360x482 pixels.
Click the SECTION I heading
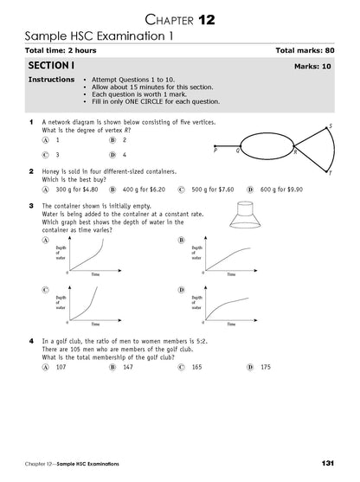click(51, 66)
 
